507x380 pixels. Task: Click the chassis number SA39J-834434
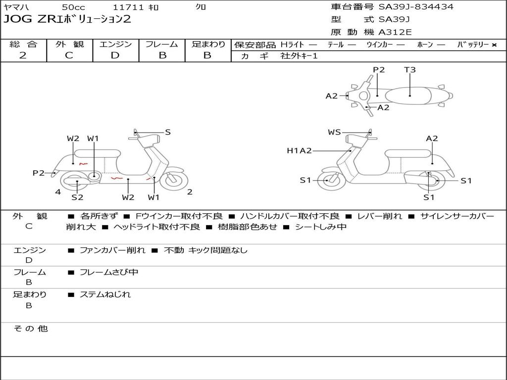416,7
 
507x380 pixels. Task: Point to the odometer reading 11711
128,7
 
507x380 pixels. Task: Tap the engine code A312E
395,33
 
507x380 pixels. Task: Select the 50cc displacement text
73,7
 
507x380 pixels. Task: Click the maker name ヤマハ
15,7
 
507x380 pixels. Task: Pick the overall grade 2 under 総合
23,55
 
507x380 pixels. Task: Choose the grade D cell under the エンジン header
115,55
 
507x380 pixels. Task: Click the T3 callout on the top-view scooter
410,70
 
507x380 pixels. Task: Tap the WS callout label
334,132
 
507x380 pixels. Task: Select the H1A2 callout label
299,151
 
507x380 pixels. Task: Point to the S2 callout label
77,197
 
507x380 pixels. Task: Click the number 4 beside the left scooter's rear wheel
58,191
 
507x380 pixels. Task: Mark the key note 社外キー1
299,56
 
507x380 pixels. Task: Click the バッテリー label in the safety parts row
473,45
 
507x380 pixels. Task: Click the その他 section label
30,329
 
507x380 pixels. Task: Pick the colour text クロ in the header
201,7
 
